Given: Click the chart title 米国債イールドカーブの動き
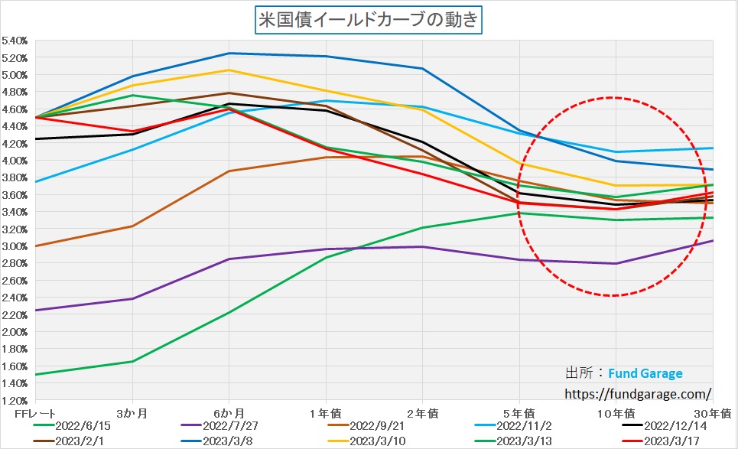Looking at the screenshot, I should point(368,19).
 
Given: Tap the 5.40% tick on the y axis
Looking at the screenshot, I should point(15,41).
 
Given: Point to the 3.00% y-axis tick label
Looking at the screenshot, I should point(15,246).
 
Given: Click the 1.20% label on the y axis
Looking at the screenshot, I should point(15,401).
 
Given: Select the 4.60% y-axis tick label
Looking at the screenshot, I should point(15,109).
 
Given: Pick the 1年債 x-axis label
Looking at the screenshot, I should point(326,413).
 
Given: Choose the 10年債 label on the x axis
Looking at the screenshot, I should point(616,413).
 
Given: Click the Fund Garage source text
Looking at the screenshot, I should point(645,373).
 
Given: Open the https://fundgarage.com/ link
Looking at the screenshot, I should point(637,393).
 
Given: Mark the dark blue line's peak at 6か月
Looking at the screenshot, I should point(229,54).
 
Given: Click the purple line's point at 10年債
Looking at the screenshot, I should point(616,264).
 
